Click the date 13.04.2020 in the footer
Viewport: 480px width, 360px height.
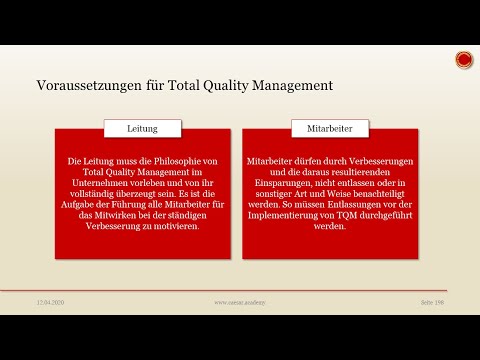pyautogui.click(x=51, y=301)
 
